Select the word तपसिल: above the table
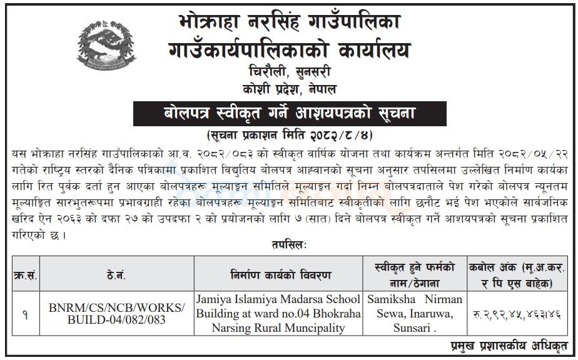click(288, 244)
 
